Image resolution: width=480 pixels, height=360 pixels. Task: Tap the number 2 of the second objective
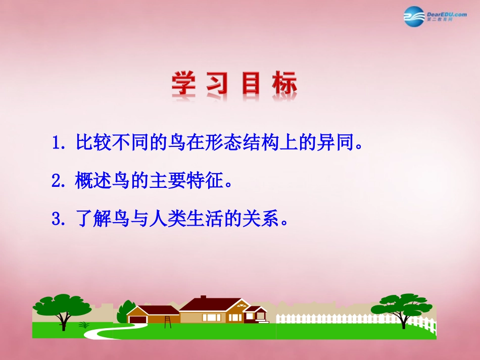tap(56, 181)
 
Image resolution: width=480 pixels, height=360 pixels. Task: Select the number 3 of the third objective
tap(56, 219)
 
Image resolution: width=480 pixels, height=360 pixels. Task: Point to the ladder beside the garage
tap(167, 321)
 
